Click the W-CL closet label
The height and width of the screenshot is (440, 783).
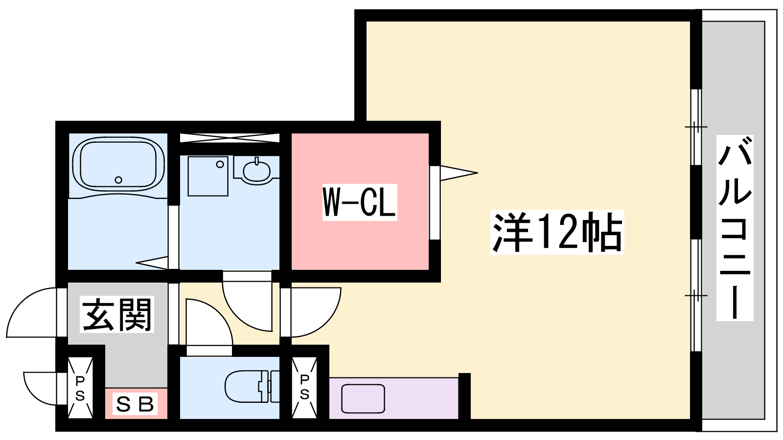tap(360, 202)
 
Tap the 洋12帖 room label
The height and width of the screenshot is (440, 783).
tap(557, 232)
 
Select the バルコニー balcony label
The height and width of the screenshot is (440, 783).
tap(735, 228)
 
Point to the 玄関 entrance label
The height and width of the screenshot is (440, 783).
tap(117, 314)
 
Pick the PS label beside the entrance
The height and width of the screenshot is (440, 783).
tap(80, 388)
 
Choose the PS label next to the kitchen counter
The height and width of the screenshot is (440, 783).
tap(304, 387)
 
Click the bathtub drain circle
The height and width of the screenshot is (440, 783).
tap(118, 180)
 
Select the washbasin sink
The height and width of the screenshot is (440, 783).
tap(256, 171)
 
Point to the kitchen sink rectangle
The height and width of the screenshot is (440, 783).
tap(363, 398)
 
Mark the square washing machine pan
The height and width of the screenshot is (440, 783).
tap(208, 176)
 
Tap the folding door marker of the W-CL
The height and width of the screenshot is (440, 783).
tap(459, 173)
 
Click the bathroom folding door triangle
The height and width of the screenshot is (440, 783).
tap(152, 263)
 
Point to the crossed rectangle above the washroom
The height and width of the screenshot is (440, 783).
tap(230, 137)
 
